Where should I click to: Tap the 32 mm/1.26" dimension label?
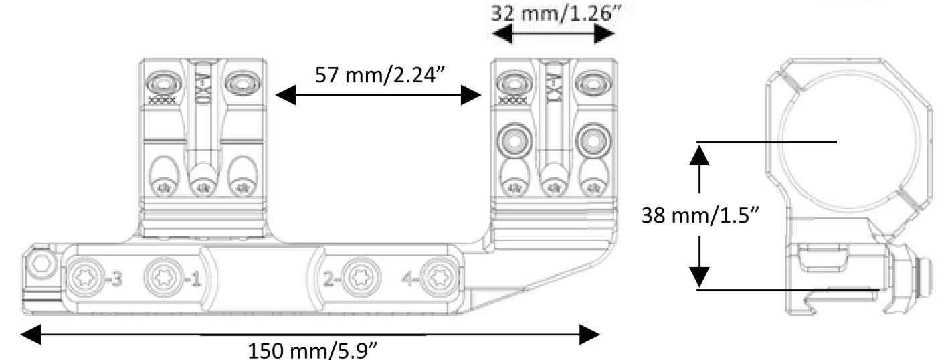click(x=553, y=13)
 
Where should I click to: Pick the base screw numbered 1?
click(x=161, y=277)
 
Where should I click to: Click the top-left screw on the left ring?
click(x=163, y=84)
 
